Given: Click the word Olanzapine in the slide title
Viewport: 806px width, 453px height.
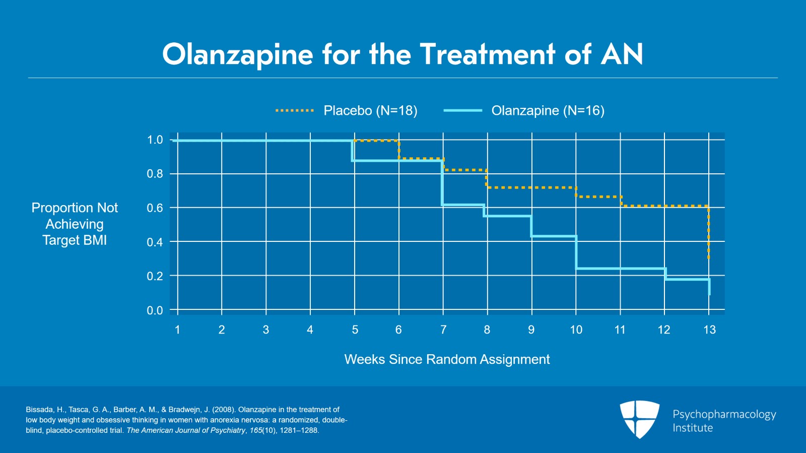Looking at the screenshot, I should point(237,54).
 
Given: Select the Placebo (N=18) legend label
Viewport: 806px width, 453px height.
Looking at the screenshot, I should point(370,110).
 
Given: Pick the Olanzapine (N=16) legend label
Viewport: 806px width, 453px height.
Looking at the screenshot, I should point(548,110).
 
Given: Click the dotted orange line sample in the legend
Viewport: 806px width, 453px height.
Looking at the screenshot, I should point(295,110).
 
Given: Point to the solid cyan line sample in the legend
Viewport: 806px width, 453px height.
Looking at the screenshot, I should point(463,110).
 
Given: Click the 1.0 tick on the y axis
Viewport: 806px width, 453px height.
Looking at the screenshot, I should point(155,140).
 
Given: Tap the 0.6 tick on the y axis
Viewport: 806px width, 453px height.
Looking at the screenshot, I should point(155,208).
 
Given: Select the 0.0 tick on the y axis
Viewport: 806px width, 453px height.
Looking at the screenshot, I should point(155,310).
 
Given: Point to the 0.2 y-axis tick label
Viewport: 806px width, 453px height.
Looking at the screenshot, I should point(155,276).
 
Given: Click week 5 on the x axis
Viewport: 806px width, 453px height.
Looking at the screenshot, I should point(355,330).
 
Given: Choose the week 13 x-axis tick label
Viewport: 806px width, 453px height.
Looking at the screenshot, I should point(709,330).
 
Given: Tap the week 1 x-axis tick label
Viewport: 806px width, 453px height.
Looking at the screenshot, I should point(177,330).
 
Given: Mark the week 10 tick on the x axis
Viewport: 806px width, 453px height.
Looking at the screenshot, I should point(576,330).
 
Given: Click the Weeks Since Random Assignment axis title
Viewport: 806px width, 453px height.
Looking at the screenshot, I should point(447,359).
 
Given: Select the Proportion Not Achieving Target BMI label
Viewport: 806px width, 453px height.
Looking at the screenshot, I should point(75,224).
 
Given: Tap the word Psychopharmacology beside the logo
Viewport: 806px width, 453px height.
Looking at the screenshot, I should point(724,414).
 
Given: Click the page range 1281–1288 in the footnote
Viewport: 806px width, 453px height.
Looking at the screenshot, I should point(299,430).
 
